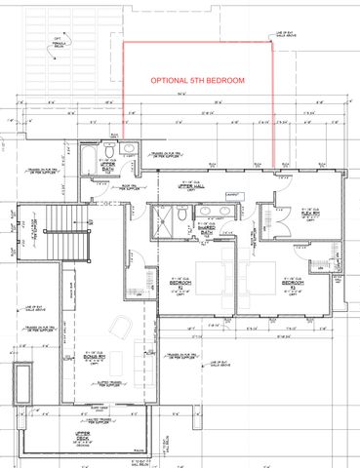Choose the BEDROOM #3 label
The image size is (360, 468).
point(291,288)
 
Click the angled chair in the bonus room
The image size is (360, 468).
point(117,326)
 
